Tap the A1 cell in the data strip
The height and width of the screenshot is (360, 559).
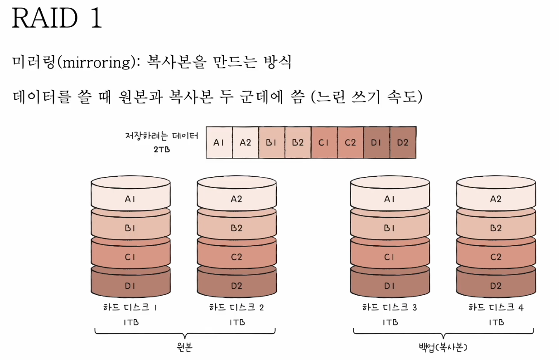click(219, 142)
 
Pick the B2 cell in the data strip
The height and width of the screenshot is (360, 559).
click(298, 142)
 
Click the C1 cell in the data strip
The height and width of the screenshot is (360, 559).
click(324, 142)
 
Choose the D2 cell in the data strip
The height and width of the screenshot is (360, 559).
click(403, 142)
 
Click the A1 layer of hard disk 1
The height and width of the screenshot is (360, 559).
click(130, 199)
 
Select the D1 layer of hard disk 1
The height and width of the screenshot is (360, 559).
click(130, 286)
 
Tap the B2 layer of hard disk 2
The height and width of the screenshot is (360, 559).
click(236, 228)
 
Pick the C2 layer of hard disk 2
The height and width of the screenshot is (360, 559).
click(236, 257)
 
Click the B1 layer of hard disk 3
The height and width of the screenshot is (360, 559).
click(390, 228)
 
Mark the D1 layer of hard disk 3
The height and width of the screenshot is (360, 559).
click(390, 286)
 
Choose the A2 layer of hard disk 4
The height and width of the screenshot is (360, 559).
click(496, 199)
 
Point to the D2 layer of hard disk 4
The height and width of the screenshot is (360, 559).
click(496, 286)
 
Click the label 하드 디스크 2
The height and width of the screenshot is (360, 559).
click(236, 307)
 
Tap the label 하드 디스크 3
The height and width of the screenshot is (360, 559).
click(390, 307)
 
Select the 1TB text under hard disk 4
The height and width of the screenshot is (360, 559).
click(496, 322)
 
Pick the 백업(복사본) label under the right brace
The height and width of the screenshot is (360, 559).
click(443, 348)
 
